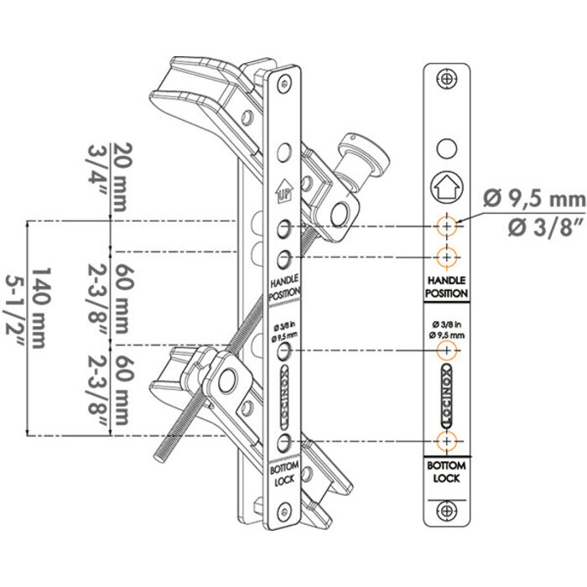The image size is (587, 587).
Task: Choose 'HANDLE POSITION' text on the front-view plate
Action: point(447,287)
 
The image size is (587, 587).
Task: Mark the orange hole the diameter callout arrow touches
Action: point(447,226)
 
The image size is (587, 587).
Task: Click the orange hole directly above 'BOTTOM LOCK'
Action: point(447,441)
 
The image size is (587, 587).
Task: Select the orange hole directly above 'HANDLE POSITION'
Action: point(447,256)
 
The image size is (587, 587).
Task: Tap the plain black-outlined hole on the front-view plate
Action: point(447,148)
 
